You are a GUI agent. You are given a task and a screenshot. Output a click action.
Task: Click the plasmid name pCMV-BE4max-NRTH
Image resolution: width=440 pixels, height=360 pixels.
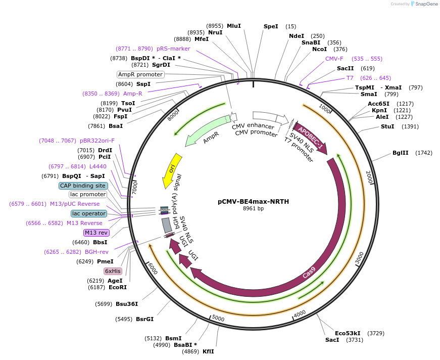pyautogui.click(x=253, y=201)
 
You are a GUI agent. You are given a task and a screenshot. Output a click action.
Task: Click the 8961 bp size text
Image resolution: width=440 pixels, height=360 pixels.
pyautogui.click(x=253, y=208)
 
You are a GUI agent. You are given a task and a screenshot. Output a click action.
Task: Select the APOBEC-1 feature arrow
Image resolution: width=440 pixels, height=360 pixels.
pyautogui.click(x=310, y=137)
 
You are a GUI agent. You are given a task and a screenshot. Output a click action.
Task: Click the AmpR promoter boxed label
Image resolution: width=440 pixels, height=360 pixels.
pyautogui.click(x=140, y=74)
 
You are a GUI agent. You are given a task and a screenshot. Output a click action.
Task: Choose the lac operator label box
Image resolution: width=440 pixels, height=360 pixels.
pyautogui.click(x=89, y=213)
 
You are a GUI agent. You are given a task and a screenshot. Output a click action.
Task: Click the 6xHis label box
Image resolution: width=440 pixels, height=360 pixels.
pyautogui.click(x=113, y=271)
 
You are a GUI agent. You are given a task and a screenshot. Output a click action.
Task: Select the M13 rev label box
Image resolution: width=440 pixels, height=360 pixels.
pyautogui.click(x=96, y=233)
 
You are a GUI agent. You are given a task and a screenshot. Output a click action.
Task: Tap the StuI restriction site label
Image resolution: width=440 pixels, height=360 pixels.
pyautogui.click(x=387, y=126)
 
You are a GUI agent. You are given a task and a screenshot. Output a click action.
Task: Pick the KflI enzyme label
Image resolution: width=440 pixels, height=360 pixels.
pyautogui.click(x=208, y=351)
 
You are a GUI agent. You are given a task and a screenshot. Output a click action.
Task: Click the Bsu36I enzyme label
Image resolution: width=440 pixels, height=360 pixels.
pyautogui.click(x=127, y=304)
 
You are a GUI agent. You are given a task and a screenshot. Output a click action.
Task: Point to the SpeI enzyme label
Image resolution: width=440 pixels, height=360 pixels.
pyautogui.click(x=271, y=26)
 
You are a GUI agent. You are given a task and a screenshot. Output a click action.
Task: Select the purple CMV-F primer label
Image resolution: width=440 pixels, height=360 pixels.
pyautogui.click(x=334, y=59)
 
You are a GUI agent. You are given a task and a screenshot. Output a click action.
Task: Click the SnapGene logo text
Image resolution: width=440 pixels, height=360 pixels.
pyautogui.click(x=426, y=4)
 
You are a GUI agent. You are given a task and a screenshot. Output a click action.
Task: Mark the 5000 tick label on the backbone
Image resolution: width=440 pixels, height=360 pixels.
pyautogui.click(x=218, y=318)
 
